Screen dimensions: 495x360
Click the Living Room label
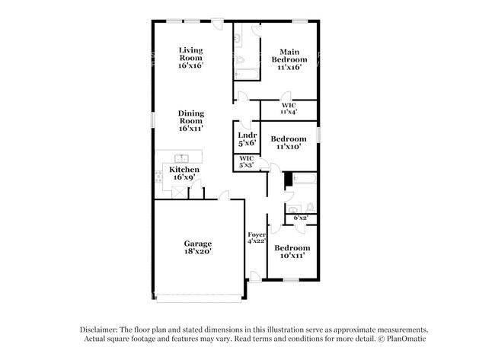tap(190, 54)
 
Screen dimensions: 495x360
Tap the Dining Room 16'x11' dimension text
tap(190, 129)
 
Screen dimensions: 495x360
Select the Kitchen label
tap(184, 170)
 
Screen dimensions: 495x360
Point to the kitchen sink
tap(181, 158)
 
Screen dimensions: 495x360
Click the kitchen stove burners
tap(158, 177)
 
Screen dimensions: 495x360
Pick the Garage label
tap(198, 244)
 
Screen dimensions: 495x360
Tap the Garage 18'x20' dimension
tap(198, 251)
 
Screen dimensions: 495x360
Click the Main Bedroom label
tap(289, 56)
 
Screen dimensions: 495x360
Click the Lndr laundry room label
tap(247, 135)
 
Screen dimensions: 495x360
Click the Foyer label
tap(257, 234)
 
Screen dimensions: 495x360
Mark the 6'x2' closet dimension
tap(301, 218)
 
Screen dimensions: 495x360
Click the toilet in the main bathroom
tap(240, 60)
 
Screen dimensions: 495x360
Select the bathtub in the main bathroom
tap(247, 75)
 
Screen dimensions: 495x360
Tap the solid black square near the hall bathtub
tap(288, 179)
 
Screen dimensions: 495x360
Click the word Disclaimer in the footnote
tap(99, 330)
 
